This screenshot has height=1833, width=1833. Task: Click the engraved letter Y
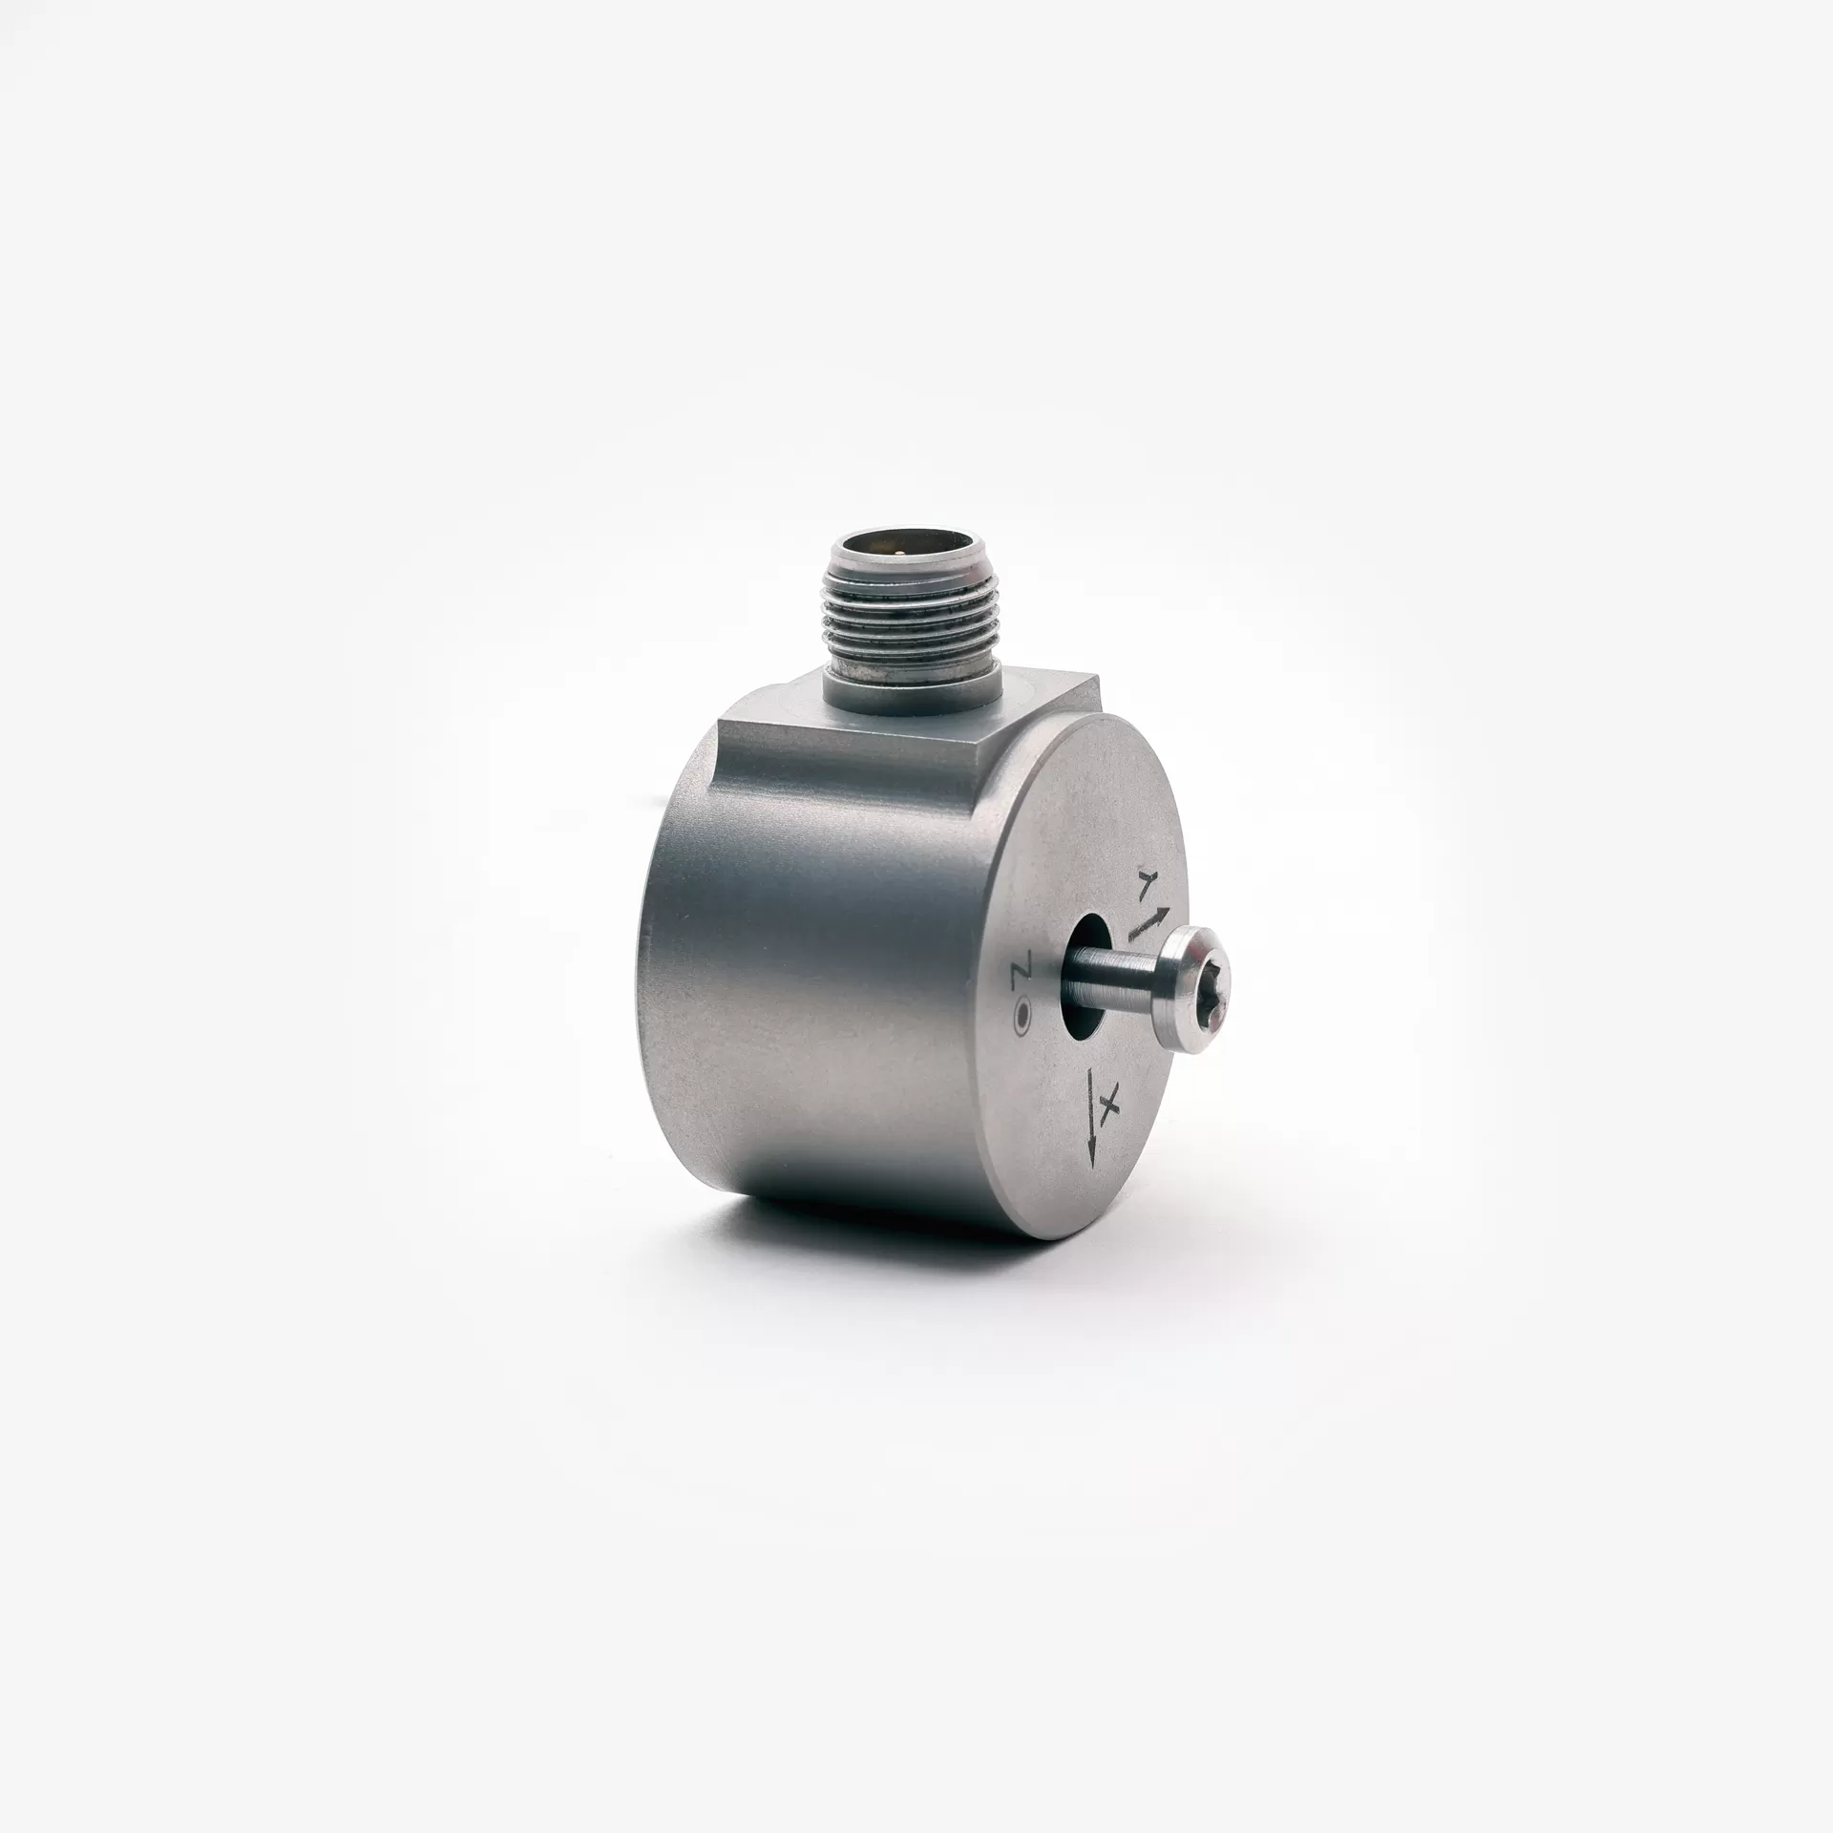pos(1146,881)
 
